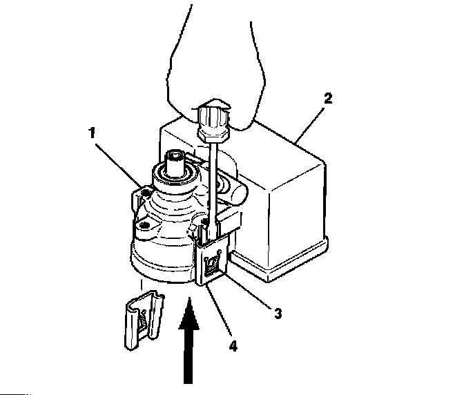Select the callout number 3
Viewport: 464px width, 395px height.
[x=278, y=313]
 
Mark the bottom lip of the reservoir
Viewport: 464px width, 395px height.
[x=276, y=266]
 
